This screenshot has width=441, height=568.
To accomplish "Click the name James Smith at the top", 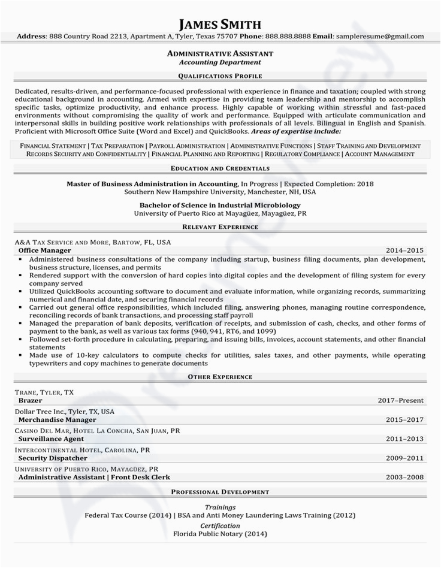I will pyautogui.click(x=220, y=24).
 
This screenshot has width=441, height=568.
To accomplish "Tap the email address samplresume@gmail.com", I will pyautogui.click(x=379, y=37).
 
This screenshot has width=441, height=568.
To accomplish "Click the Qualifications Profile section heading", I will pyautogui.click(x=220, y=76).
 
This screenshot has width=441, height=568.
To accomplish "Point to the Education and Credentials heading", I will pyautogui.click(x=220, y=168).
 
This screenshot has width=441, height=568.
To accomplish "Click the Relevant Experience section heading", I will pyautogui.click(x=220, y=227).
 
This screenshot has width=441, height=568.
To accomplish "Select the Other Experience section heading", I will pyautogui.click(x=220, y=377).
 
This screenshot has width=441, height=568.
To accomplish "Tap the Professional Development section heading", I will pyautogui.click(x=220, y=492).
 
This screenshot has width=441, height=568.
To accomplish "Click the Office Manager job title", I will pyautogui.click(x=45, y=250).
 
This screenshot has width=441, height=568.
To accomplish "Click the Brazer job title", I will pyautogui.click(x=30, y=400).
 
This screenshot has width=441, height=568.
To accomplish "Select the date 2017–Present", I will pyautogui.click(x=400, y=400).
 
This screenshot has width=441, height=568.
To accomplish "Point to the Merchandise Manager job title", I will pyautogui.click(x=58, y=420).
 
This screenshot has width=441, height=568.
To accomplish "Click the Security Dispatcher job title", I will pyautogui.click(x=54, y=458).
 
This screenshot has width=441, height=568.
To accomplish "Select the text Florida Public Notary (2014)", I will pyautogui.click(x=220, y=534).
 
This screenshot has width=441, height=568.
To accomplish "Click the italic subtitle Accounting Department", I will pyautogui.click(x=220, y=62).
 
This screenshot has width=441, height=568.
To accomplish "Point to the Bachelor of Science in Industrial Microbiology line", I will pyautogui.click(x=220, y=204).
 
